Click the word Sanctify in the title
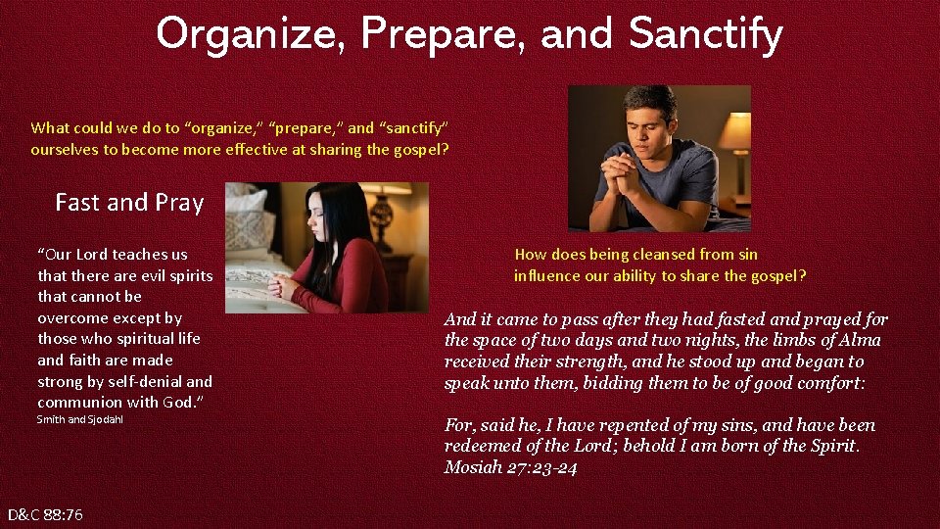pos(705,34)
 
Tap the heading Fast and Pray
pos(129,203)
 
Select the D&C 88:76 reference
pos(45,514)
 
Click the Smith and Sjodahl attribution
pos(80,420)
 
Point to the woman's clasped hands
pos(283,286)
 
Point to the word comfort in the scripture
pos(824,383)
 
